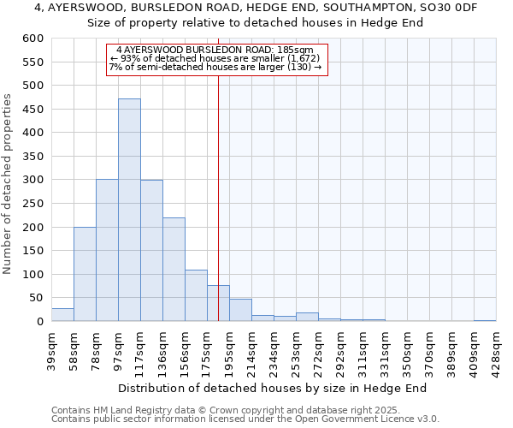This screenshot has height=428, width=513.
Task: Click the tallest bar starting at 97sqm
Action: click(129, 210)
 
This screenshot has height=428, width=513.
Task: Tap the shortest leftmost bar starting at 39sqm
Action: click(62, 314)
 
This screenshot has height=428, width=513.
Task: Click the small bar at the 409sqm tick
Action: click(485, 320)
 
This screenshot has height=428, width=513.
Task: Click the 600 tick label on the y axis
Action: click(32, 39)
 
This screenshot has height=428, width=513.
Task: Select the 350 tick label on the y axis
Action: click(32, 157)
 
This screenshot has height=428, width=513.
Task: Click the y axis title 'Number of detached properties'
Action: click(8, 184)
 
